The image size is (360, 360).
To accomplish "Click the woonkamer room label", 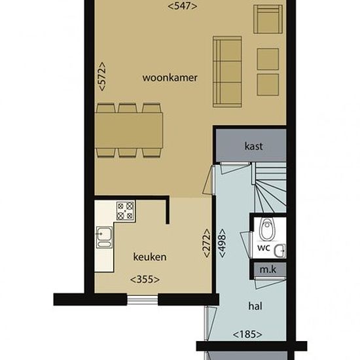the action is coord(170,78).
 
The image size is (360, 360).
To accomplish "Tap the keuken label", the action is coord(150,257).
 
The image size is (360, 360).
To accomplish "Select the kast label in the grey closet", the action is coord(253,146).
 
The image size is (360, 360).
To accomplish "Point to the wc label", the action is coord(264,247).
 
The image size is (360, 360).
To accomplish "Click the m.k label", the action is coord(268,270).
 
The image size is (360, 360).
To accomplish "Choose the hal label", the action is coord(255,306).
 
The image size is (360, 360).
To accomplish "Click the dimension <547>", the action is coord(183,6).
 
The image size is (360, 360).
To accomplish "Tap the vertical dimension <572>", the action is coord(101,77).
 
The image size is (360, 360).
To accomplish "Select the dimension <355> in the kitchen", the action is coord(145,279).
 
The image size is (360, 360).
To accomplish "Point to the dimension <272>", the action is coord(206,243).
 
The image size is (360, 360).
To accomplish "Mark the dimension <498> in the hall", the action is coord(222,243).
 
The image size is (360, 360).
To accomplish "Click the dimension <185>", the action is coord(247,334).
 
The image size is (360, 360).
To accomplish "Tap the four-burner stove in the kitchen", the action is coord(126,211).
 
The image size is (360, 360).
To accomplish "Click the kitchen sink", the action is coord(104,237).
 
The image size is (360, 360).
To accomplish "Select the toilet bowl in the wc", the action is coord(266,228).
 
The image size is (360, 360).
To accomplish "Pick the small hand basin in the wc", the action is coord(280,251).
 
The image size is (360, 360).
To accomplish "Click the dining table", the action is coord(129,130).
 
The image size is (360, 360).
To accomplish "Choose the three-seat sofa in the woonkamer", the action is coord(227,71).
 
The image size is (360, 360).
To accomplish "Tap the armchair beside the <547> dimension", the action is coord(268,19).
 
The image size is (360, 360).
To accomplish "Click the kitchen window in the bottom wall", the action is coord(142,300).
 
